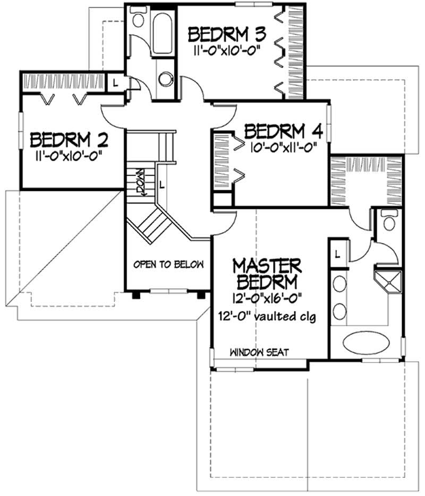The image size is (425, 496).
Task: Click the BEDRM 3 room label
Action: [226, 35]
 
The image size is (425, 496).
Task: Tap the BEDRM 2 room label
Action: [69, 140]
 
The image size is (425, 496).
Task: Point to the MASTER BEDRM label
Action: [267, 274]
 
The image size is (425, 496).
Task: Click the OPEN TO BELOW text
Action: [168, 264]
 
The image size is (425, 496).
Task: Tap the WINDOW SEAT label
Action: [259, 352]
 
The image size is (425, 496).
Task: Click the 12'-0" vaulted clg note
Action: [267, 316]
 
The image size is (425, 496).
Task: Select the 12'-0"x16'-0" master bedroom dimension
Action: [267, 298]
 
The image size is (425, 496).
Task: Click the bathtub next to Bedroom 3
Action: [163, 34]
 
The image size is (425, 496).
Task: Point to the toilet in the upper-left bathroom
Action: [138, 17]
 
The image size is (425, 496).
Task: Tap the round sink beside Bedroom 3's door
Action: [166, 79]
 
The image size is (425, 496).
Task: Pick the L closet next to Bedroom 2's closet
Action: [115, 83]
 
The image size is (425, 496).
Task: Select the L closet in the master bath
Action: [338, 254]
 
